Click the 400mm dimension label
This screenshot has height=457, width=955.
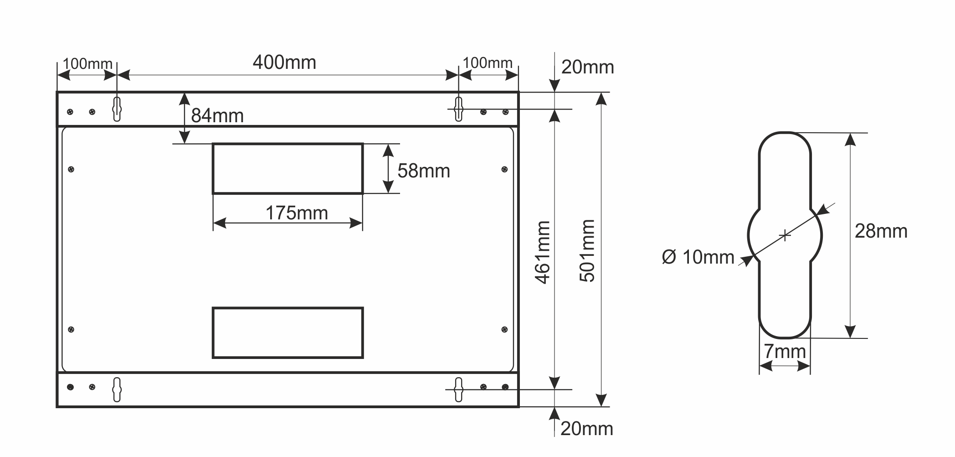coord(284,62)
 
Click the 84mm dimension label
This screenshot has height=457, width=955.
coord(217,116)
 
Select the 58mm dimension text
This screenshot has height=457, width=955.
coord(423,171)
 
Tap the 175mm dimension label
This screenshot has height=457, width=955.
coord(297,213)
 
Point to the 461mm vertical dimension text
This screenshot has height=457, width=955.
coord(543,252)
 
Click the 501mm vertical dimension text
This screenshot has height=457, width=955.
coord(587,251)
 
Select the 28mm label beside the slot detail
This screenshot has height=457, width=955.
coord(881,231)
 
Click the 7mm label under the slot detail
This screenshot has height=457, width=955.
coord(785,352)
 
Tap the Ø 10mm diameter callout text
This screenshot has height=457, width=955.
coord(698,257)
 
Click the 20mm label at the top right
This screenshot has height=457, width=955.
coord(587,68)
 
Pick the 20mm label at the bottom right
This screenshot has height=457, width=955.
coord(586,429)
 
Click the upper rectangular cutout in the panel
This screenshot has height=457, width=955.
coord(288,169)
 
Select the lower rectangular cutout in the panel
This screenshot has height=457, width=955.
coord(288,333)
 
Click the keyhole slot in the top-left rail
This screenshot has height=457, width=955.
coord(117,109)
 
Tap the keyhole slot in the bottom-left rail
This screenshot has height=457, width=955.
coord(117,389)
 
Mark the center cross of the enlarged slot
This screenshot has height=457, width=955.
coord(785,235)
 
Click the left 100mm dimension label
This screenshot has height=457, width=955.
coord(87,64)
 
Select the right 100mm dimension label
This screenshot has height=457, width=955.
coord(488,63)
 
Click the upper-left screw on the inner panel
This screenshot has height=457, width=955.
coord(71,170)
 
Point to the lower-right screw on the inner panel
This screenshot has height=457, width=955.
coord(504,329)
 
